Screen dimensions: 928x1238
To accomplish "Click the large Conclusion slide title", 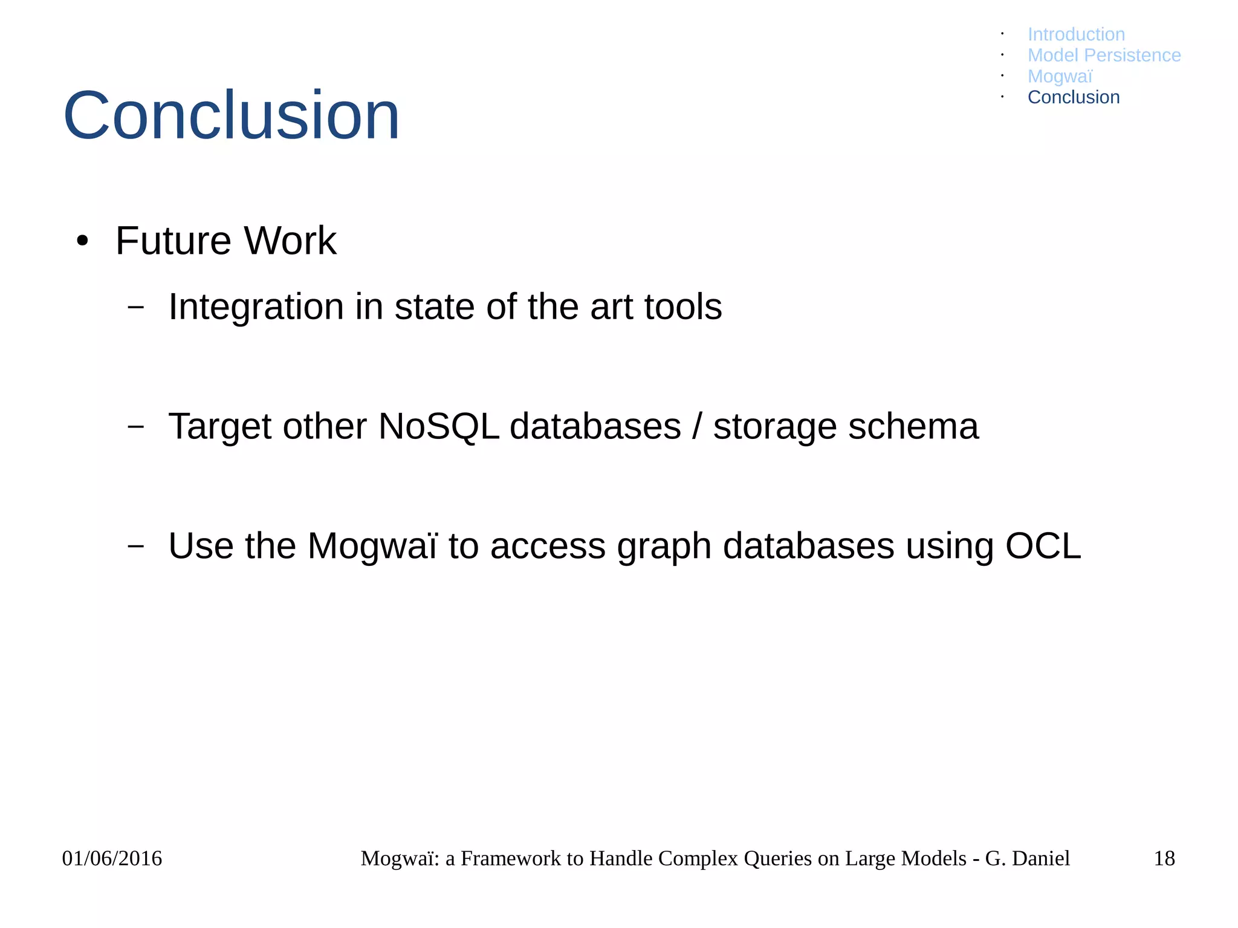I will pos(231,115).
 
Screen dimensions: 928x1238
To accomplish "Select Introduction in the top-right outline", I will pos(1076,34).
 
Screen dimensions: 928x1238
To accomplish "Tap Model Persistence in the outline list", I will pos(1104,55).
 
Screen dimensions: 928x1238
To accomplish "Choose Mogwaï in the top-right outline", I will pos(1060,76).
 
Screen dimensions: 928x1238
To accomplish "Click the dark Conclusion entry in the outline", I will pos(1073,97).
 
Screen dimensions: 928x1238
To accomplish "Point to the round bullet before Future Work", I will pos(83,241).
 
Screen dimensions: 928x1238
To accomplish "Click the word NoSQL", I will pos(438,426).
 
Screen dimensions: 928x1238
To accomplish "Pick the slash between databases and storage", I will pos(697,426).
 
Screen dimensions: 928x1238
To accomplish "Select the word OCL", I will pos(1043,546).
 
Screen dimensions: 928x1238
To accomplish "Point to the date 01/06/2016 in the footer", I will pos(112,858).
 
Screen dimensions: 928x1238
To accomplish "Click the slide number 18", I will pos(1164,858).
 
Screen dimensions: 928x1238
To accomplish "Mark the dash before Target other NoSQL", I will pos(136,426).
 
